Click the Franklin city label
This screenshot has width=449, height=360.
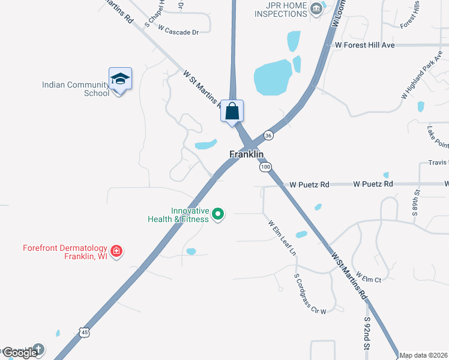coord(246,154)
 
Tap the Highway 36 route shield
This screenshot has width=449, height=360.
coord(268,135)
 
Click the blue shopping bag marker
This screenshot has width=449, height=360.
coord(232,112)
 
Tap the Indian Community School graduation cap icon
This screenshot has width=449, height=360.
coord(120,79)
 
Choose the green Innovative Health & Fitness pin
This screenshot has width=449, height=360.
coord(219,214)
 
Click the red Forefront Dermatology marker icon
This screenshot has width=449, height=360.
coord(116,251)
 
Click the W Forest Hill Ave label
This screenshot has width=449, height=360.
coord(364,45)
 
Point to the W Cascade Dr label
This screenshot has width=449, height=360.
coord(178,31)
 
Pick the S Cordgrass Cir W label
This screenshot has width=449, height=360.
coord(310,294)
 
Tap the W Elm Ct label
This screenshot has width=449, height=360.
coord(369,277)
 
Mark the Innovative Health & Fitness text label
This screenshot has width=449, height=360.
coord(179,215)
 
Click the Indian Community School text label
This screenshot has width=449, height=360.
coord(76,89)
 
